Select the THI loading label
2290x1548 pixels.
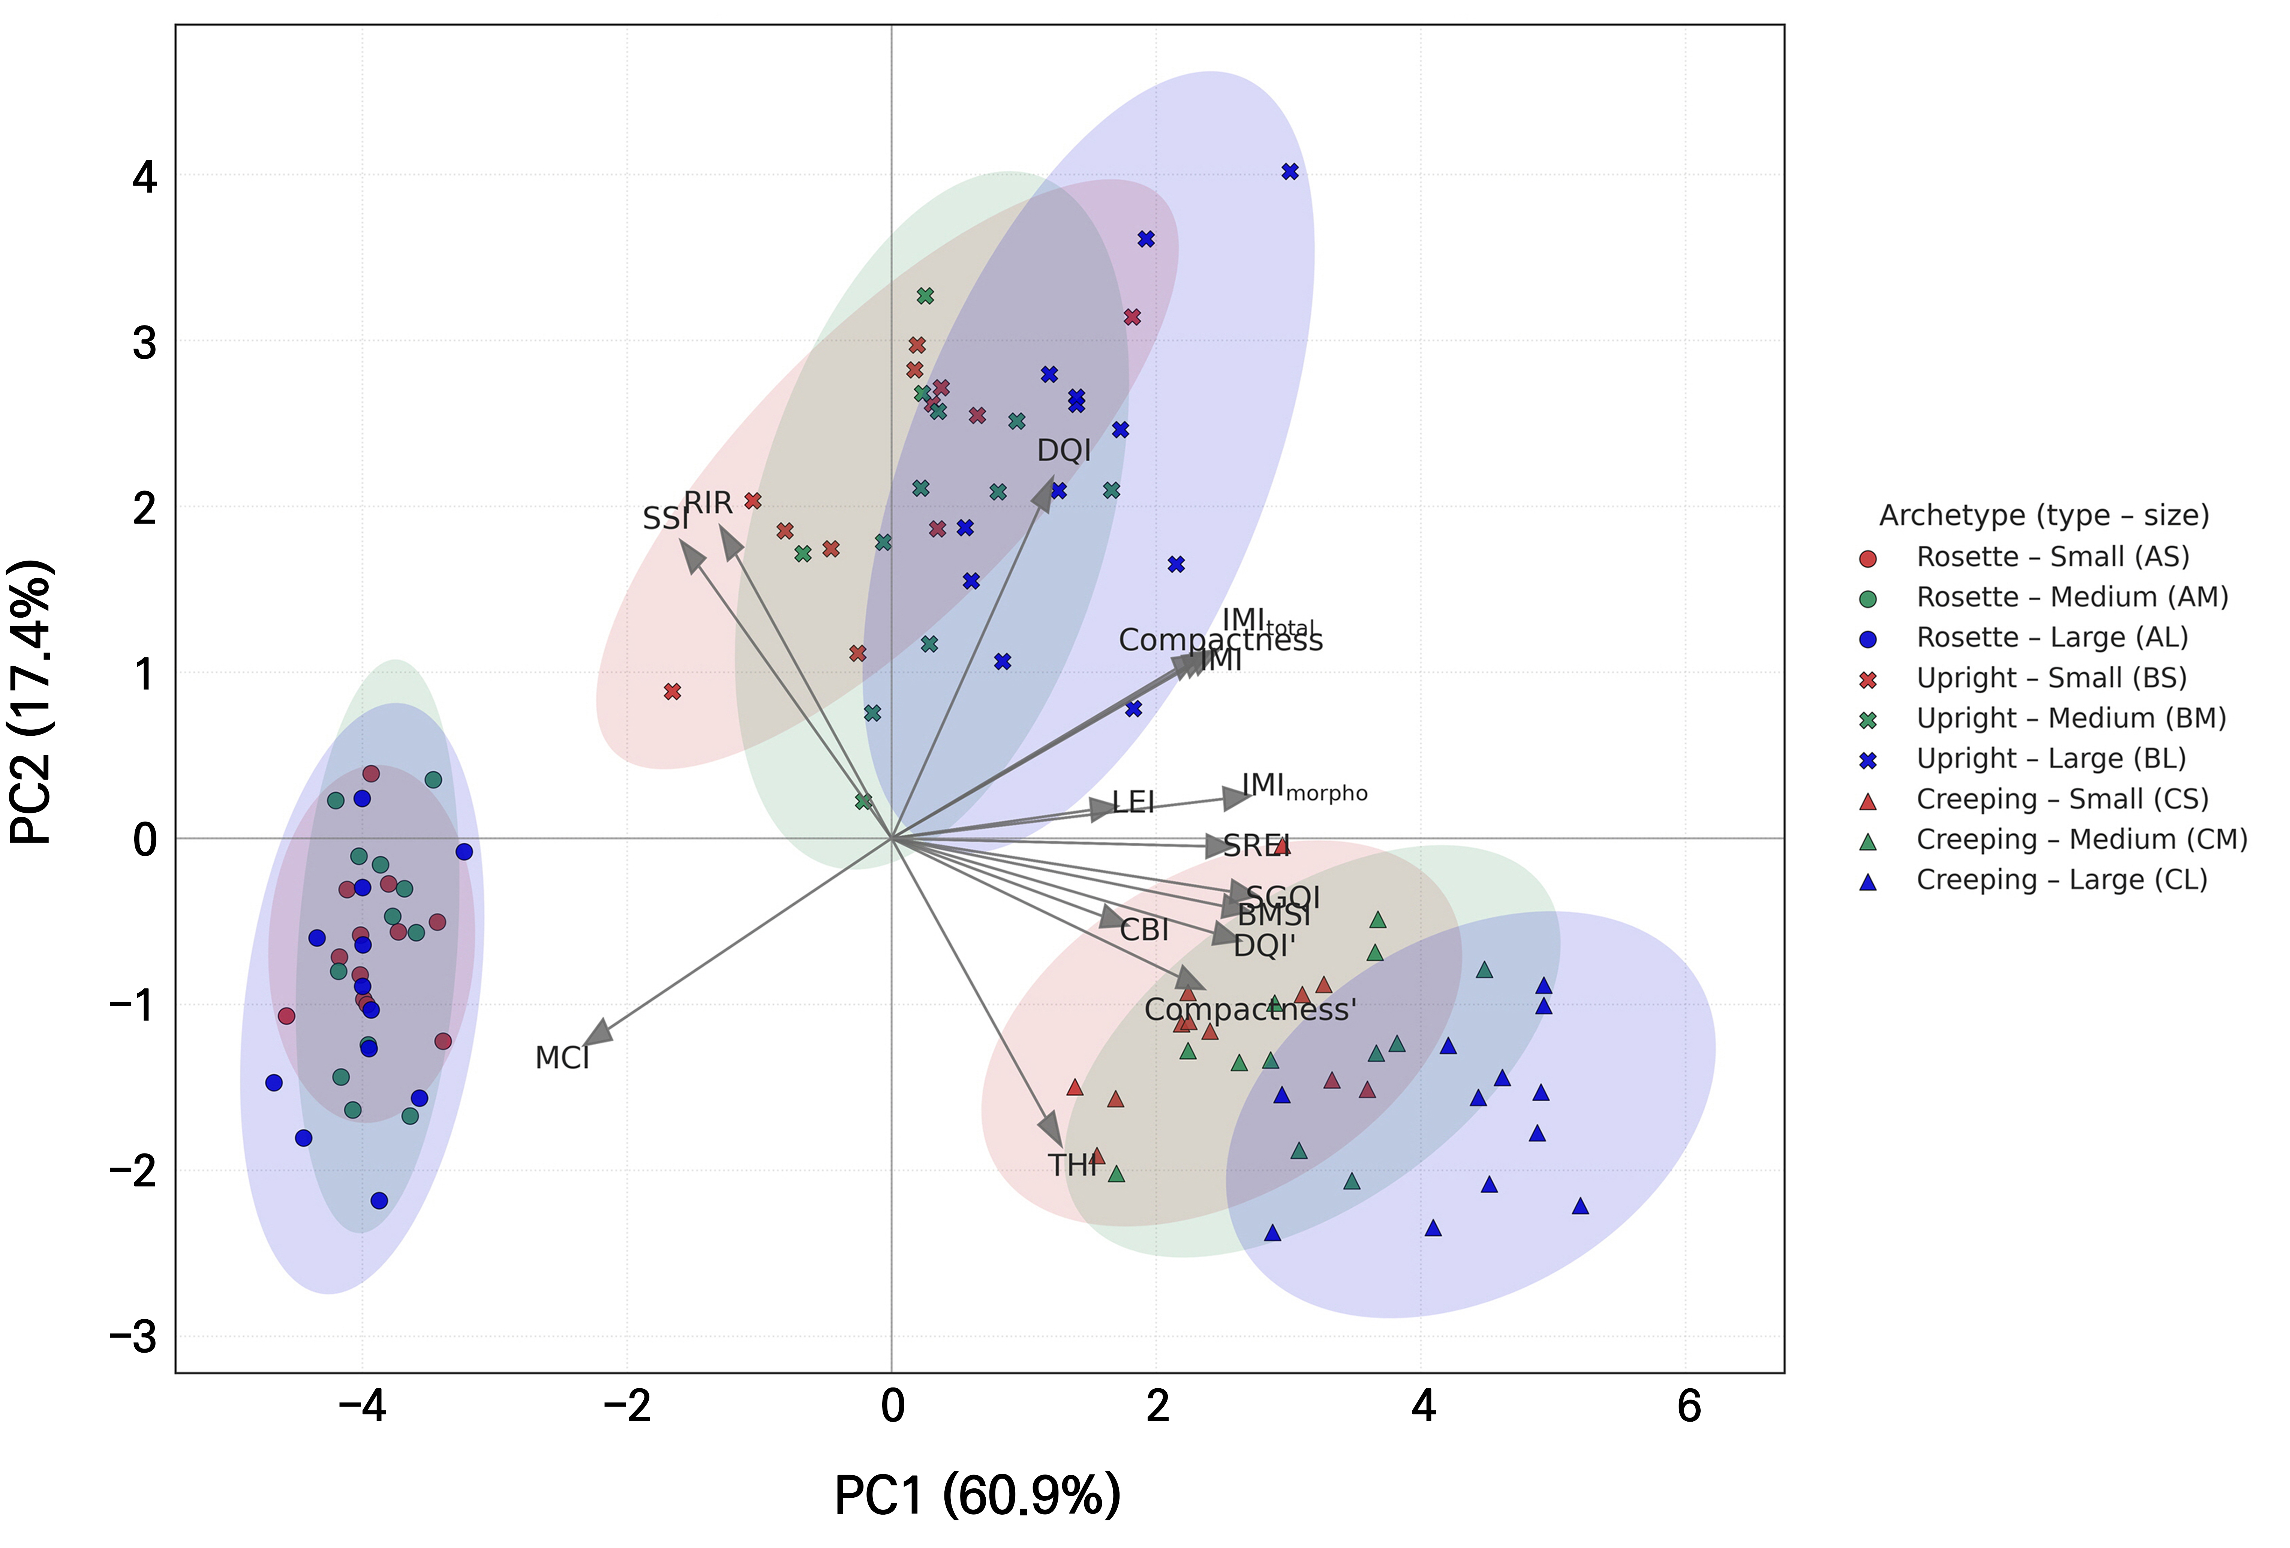[1072, 1165]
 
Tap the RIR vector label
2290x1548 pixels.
[709, 504]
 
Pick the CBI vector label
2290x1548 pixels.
[1144, 929]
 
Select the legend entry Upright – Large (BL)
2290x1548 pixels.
[2050, 759]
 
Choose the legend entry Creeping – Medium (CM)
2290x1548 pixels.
[2081, 840]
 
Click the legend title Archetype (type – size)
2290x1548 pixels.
[2044, 515]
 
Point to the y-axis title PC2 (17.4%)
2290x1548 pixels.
[31, 702]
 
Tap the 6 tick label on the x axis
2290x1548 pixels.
[1688, 1406]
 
